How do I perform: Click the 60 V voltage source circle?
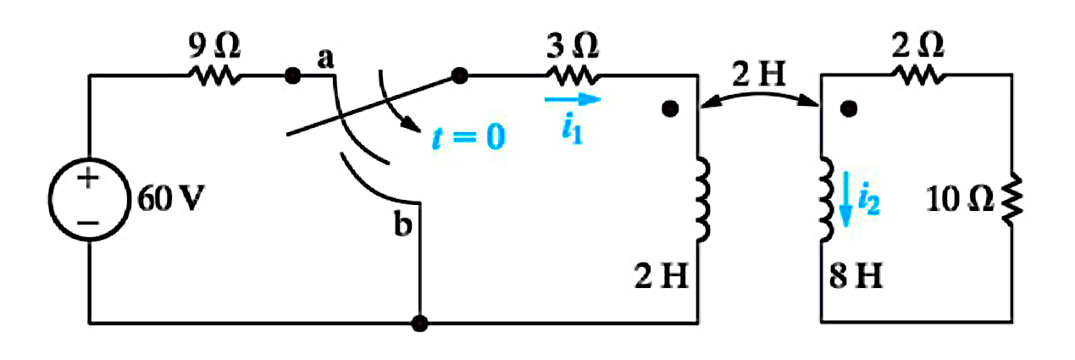coord(90,158)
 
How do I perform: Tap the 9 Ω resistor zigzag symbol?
coord(214,76)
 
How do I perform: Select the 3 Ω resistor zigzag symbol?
coord(573,76)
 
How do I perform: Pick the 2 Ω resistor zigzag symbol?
coord(918,75)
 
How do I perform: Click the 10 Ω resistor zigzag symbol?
coord(1011,200)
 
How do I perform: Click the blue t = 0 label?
coord(468,137)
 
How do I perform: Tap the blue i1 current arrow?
coord(573,99)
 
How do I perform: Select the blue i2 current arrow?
coord(845,199)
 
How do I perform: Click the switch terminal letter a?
coord(325,58)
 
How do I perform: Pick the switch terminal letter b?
coord(402,224)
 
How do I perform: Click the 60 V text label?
coord(171,198)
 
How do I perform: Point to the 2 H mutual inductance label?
coord(759,74)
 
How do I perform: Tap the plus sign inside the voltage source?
coord(88,179)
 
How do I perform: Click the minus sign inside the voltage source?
coord(88,223)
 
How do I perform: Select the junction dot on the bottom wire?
coord(419,324)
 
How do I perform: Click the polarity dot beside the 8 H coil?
coord(849,109)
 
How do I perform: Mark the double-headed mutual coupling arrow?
coord(759,95)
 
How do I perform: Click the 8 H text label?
coord(856,275)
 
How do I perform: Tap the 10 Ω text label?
coord(960,199)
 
